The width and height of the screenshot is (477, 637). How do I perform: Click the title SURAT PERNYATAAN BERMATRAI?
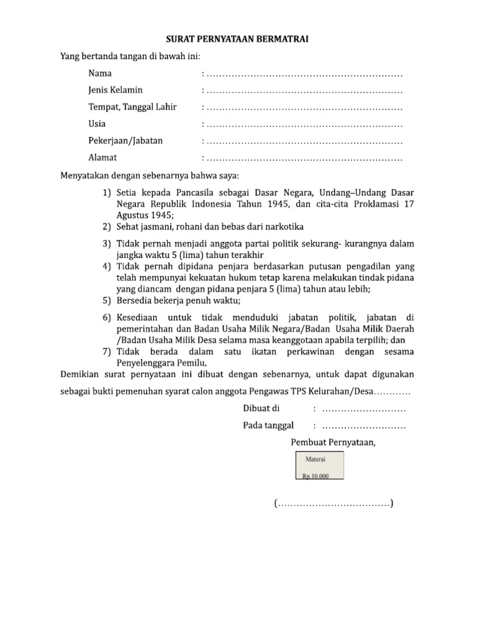click(x=238, y=40)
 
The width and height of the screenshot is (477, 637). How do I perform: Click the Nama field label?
click(x=100, y=73)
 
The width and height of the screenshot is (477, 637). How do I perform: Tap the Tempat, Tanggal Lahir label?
click(x=132, y=107)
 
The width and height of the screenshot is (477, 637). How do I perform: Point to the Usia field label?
click(x=97, y=124)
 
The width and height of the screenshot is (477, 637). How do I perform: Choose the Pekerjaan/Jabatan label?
click(x=125, y=141)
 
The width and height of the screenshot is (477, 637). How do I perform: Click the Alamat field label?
click(x=102, y=157)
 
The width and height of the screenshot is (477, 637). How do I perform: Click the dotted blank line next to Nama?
click(x=304, y=75)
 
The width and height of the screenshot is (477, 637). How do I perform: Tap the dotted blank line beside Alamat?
click(x=304, y=159)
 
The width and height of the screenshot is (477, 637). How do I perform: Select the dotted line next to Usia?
click(x=304, y=125)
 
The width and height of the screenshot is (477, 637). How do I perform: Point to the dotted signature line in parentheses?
click(x=334, y=503)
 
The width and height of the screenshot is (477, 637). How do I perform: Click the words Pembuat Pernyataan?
click(x=333, y=442)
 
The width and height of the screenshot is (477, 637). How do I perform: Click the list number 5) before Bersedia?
click(x=107, y=300)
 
